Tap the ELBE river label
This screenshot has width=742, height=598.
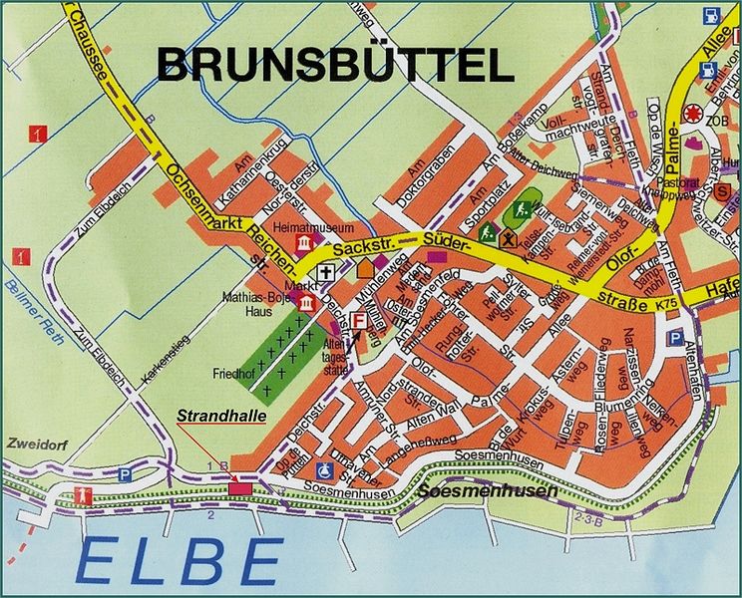pyautogui.click(x=180, y=557)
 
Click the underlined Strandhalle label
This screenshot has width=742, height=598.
pyautogui.click(x=222, y=418)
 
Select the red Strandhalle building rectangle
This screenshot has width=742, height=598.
pyautogui.click(x=240, y=487)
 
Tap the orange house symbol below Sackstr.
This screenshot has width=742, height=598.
pyautogui.click(x=365, y=267)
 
